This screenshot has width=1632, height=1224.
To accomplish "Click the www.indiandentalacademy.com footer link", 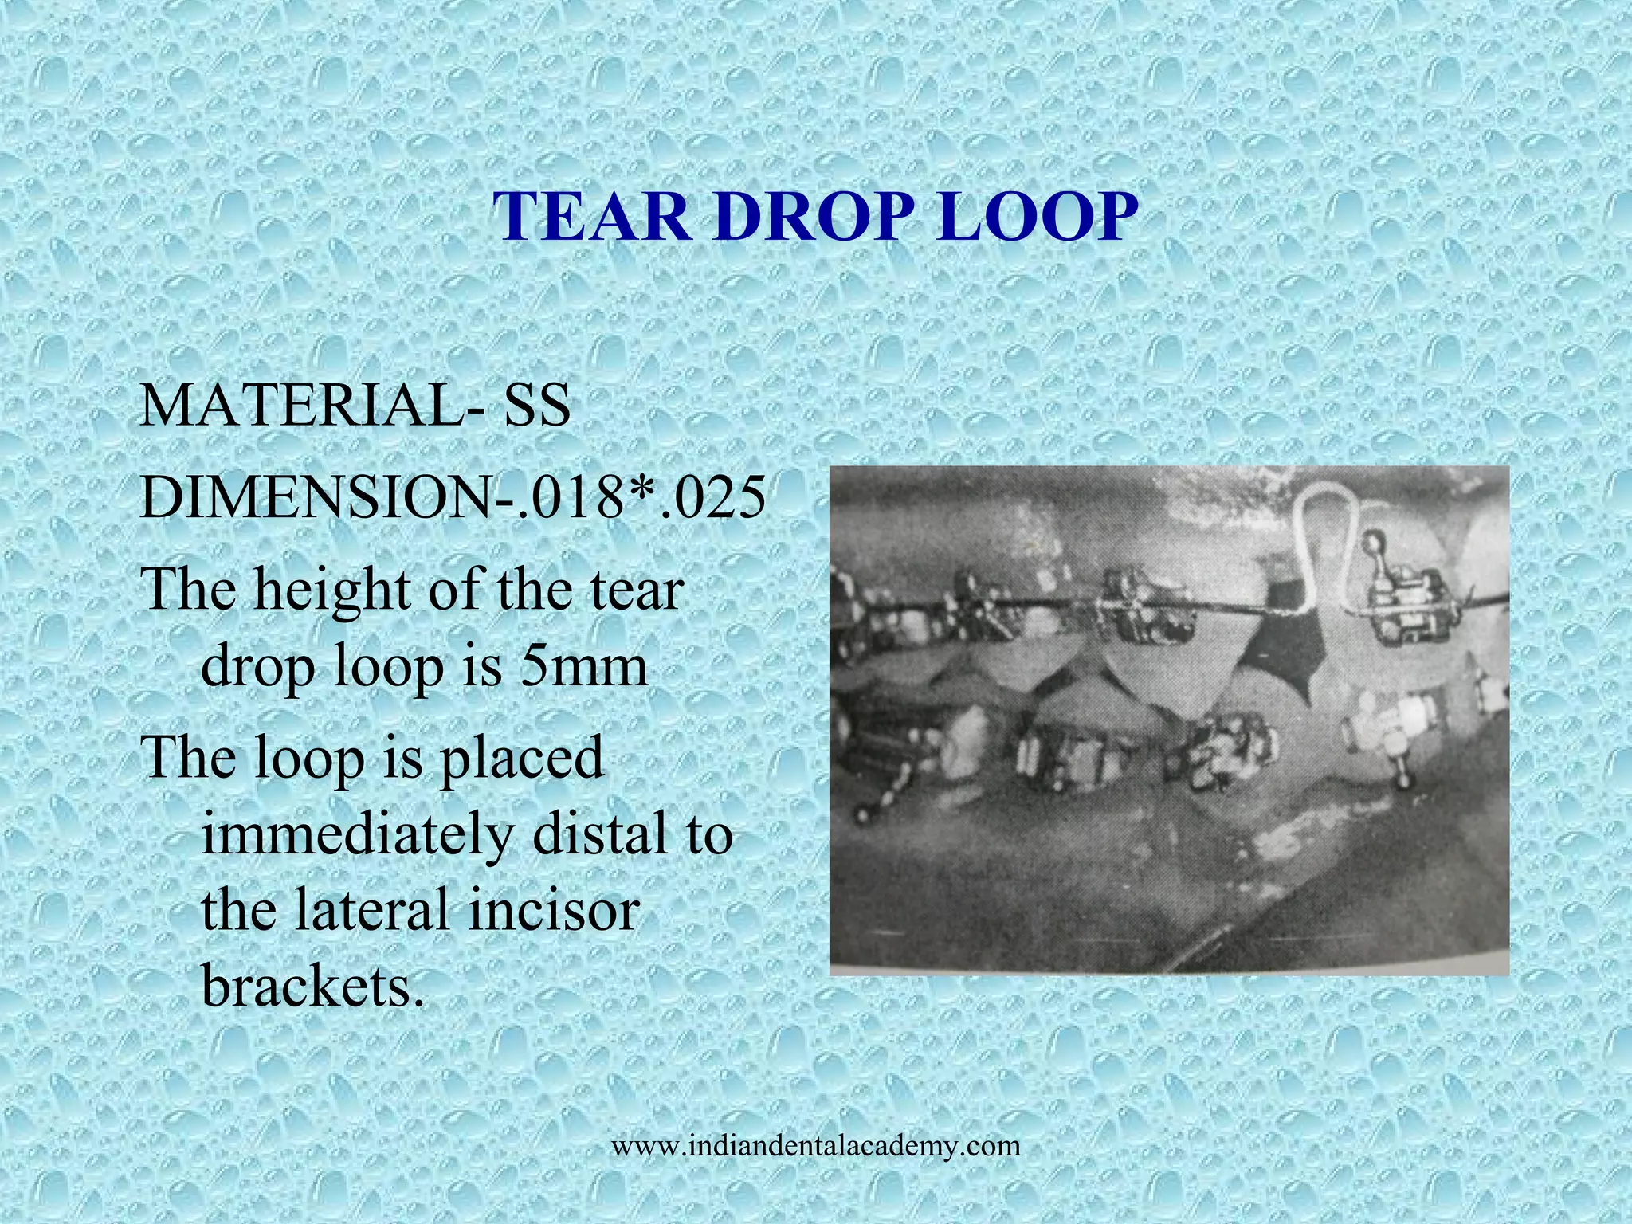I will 815,1146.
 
